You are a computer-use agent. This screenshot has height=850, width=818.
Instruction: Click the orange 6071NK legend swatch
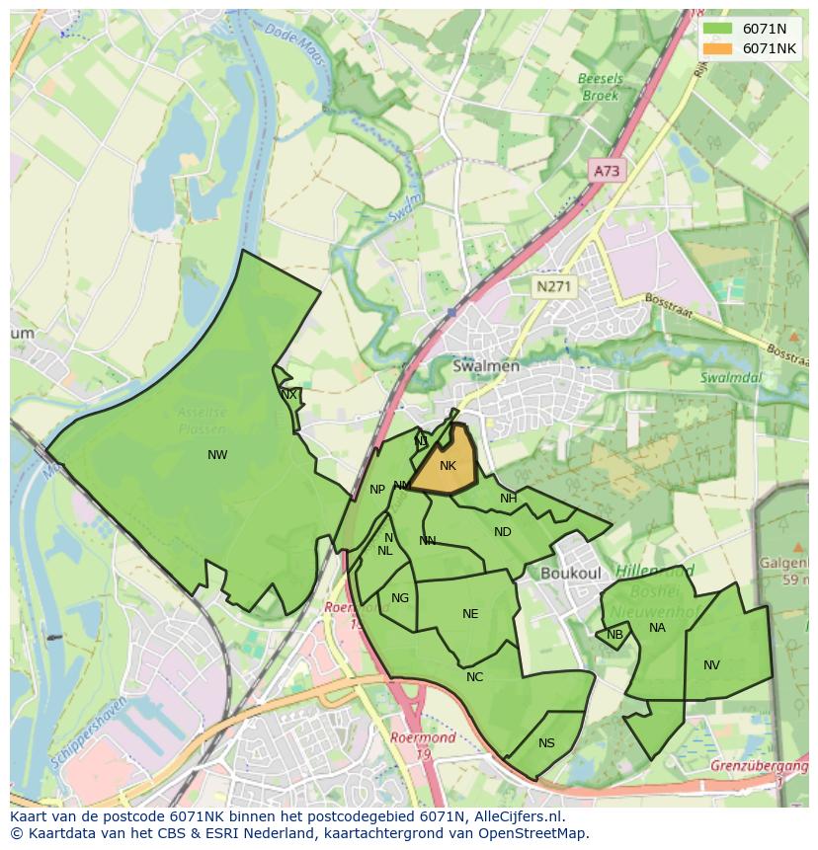(718, 48)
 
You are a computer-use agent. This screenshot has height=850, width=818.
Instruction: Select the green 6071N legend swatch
(718, 29)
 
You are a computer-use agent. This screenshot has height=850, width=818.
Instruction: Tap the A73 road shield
(606, 171)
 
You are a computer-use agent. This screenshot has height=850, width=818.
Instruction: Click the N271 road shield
(553, 286)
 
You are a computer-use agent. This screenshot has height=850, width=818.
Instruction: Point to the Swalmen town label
(485, 366)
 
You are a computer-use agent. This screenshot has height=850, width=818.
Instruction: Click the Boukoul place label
(570, 573)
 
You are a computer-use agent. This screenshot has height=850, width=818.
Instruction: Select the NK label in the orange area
(448, 466)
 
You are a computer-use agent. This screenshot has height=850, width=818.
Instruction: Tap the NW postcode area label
(217, 455)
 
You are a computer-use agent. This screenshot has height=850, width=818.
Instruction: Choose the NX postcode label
(288, 395)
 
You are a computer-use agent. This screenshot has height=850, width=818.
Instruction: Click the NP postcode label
(377, 490)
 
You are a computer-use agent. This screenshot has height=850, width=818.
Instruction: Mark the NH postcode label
(508, 499)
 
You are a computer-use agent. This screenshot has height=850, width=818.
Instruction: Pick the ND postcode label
(503, 532)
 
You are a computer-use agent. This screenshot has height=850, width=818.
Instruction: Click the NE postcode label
(470, 614)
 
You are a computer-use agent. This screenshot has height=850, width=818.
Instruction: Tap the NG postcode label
(399, 598)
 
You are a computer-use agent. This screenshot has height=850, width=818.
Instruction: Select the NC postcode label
(475, 677)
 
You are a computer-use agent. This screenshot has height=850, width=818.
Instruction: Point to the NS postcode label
(546, 743)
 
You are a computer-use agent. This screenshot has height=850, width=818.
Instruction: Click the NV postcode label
(711, 665)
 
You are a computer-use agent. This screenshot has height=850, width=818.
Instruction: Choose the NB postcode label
(615, 635)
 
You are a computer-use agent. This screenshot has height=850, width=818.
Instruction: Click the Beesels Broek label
(599, 87)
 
